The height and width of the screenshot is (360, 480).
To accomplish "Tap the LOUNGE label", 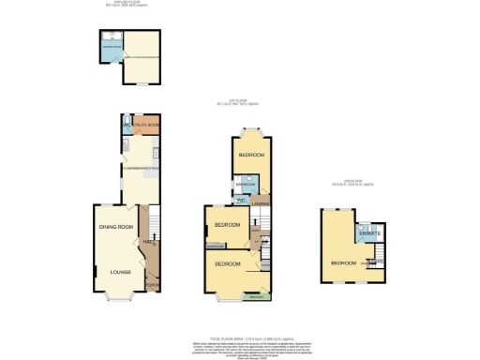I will tap(119, 272).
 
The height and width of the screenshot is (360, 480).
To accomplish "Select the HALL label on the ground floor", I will tap(147, 242).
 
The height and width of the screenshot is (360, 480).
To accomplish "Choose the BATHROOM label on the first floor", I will tap(246, 185).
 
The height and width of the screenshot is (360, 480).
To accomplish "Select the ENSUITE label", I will tap(369, 233).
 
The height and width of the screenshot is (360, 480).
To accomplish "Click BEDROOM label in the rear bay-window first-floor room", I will tap(251, 154).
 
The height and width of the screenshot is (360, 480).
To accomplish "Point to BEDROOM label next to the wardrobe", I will tap(228, 225).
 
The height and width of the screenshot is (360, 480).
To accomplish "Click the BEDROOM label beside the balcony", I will tap(228, 264).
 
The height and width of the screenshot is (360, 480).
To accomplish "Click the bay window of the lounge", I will tap(120, 300).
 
